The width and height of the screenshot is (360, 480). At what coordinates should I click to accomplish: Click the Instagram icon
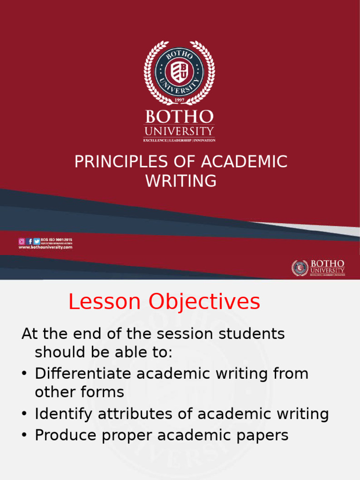tap(22, 241)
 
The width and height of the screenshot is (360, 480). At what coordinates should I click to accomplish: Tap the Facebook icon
tap(30, 241)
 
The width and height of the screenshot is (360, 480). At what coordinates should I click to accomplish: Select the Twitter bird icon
tap(37, 241)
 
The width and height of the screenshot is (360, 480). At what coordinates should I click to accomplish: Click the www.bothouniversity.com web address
tap(45, 247)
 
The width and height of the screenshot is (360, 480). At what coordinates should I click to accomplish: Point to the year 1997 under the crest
tap(179, 100)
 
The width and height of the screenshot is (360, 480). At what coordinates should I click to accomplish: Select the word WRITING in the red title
tap(181, 180)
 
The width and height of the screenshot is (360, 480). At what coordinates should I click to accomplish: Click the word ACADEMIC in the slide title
tap(244, 162)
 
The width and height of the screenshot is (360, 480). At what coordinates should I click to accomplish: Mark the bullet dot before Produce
tap(24, 436)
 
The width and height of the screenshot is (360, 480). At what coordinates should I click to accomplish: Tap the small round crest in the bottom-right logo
tap(300, 268)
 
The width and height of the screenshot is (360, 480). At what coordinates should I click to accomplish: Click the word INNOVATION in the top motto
tap(204, 140)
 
